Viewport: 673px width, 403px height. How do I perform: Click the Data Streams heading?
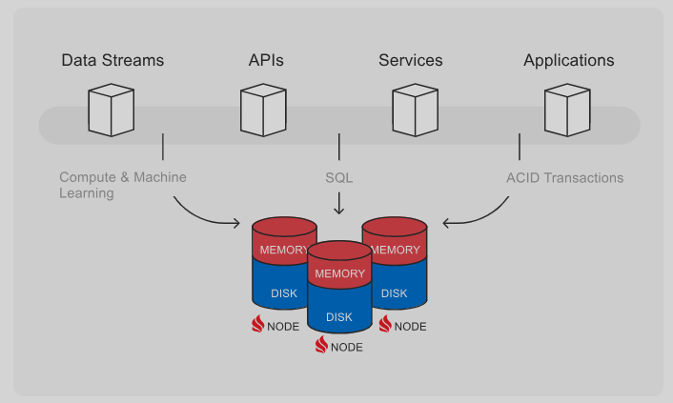click(112, 60)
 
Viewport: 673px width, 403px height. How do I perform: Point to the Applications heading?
click(568, 60)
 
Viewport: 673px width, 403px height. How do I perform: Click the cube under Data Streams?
click(111, 110)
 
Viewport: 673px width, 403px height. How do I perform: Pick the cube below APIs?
click(262, 110)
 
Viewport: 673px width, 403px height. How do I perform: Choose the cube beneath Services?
click(415, 110)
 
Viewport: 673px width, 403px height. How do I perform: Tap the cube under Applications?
click(566, 110)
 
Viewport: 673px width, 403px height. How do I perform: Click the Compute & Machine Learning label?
click(122, 185)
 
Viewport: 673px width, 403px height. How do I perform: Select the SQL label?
click(339, 178)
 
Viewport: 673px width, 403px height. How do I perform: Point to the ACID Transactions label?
click(564, 178)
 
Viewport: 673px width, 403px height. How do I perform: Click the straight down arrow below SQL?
click(339, 203)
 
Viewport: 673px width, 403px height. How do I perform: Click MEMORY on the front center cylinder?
click(339, 274)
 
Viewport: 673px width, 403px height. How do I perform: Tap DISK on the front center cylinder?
click(339, 317)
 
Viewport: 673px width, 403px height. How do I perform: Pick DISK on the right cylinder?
click(395, 293)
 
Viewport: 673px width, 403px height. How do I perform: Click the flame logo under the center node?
click(322, 346)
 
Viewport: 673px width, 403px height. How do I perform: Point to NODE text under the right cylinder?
click(411, 326)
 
